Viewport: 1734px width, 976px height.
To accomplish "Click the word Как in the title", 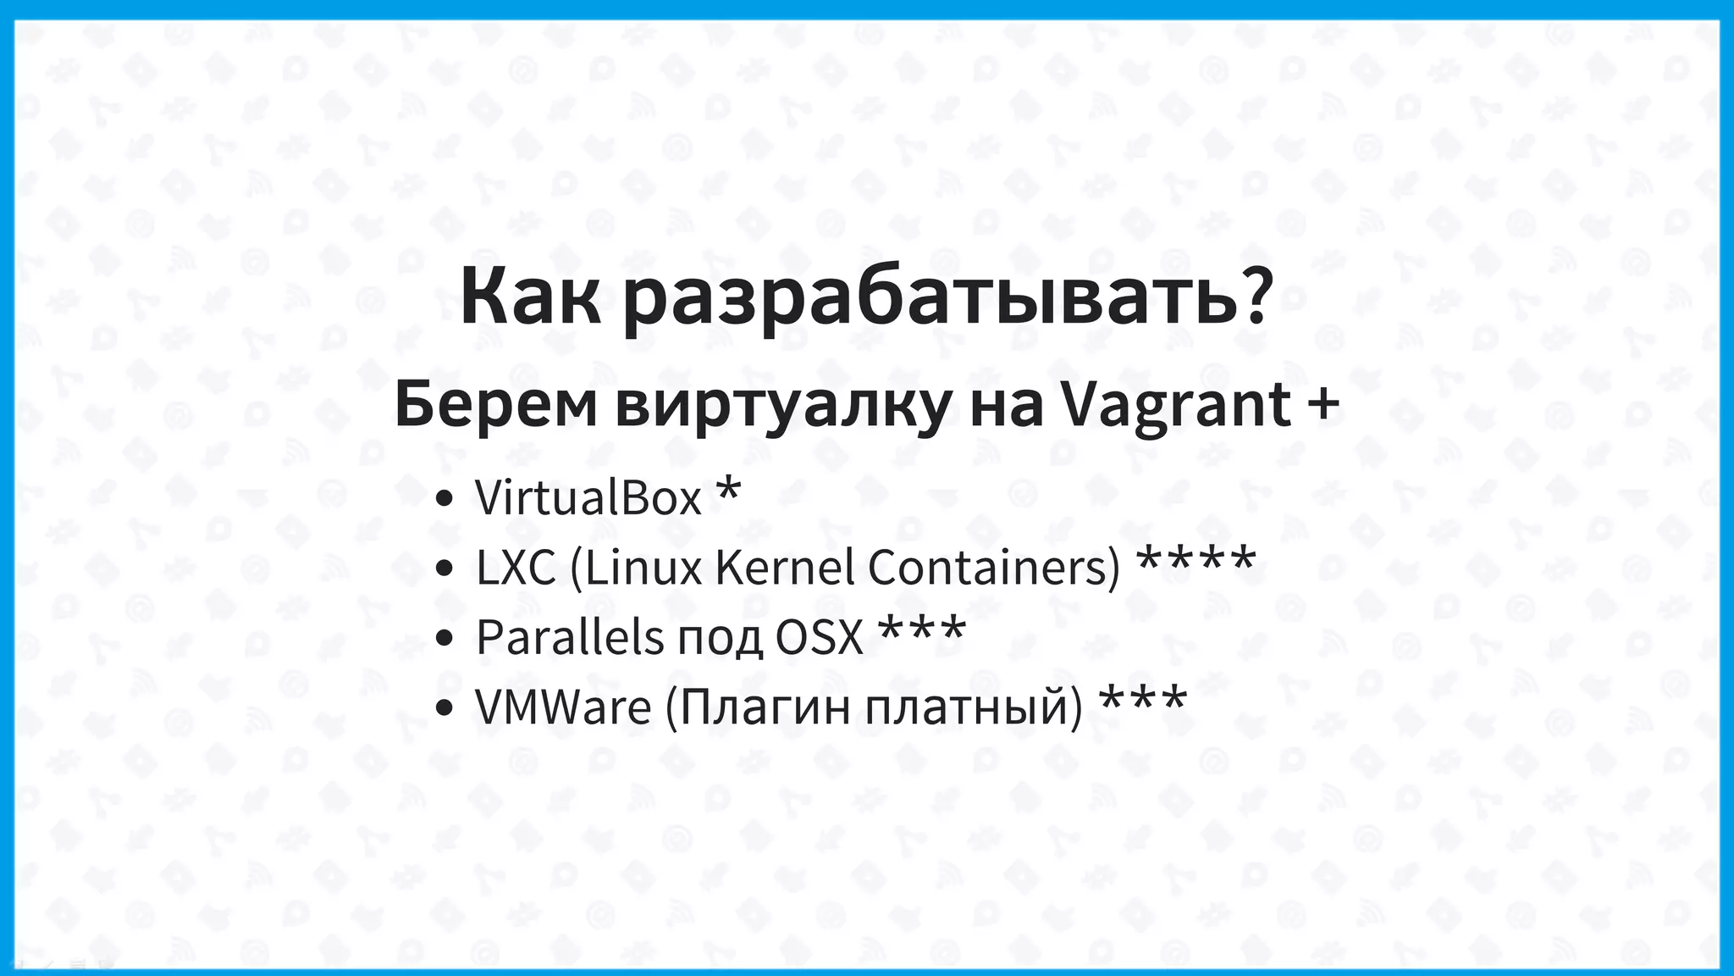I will click(530, 297).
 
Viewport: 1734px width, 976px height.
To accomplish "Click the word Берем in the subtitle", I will click(495, 406).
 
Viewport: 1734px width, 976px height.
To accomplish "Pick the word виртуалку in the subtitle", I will click(783, 408).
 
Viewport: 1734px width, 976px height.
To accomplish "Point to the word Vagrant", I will click(1177, 406).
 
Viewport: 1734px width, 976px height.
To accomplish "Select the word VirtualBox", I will click(588, 497).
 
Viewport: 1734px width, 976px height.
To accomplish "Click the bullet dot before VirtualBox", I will click(444, 500).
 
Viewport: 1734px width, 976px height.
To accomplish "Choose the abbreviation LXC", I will click(516, 568).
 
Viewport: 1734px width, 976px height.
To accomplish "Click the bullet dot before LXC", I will click(444, 569).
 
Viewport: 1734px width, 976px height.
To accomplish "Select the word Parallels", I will click(570, 637).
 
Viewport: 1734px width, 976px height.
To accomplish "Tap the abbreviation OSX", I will click(819, 637).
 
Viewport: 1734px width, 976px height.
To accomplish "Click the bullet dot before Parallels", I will click(444, 639).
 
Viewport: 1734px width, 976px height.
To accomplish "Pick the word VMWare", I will click(563, 707).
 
